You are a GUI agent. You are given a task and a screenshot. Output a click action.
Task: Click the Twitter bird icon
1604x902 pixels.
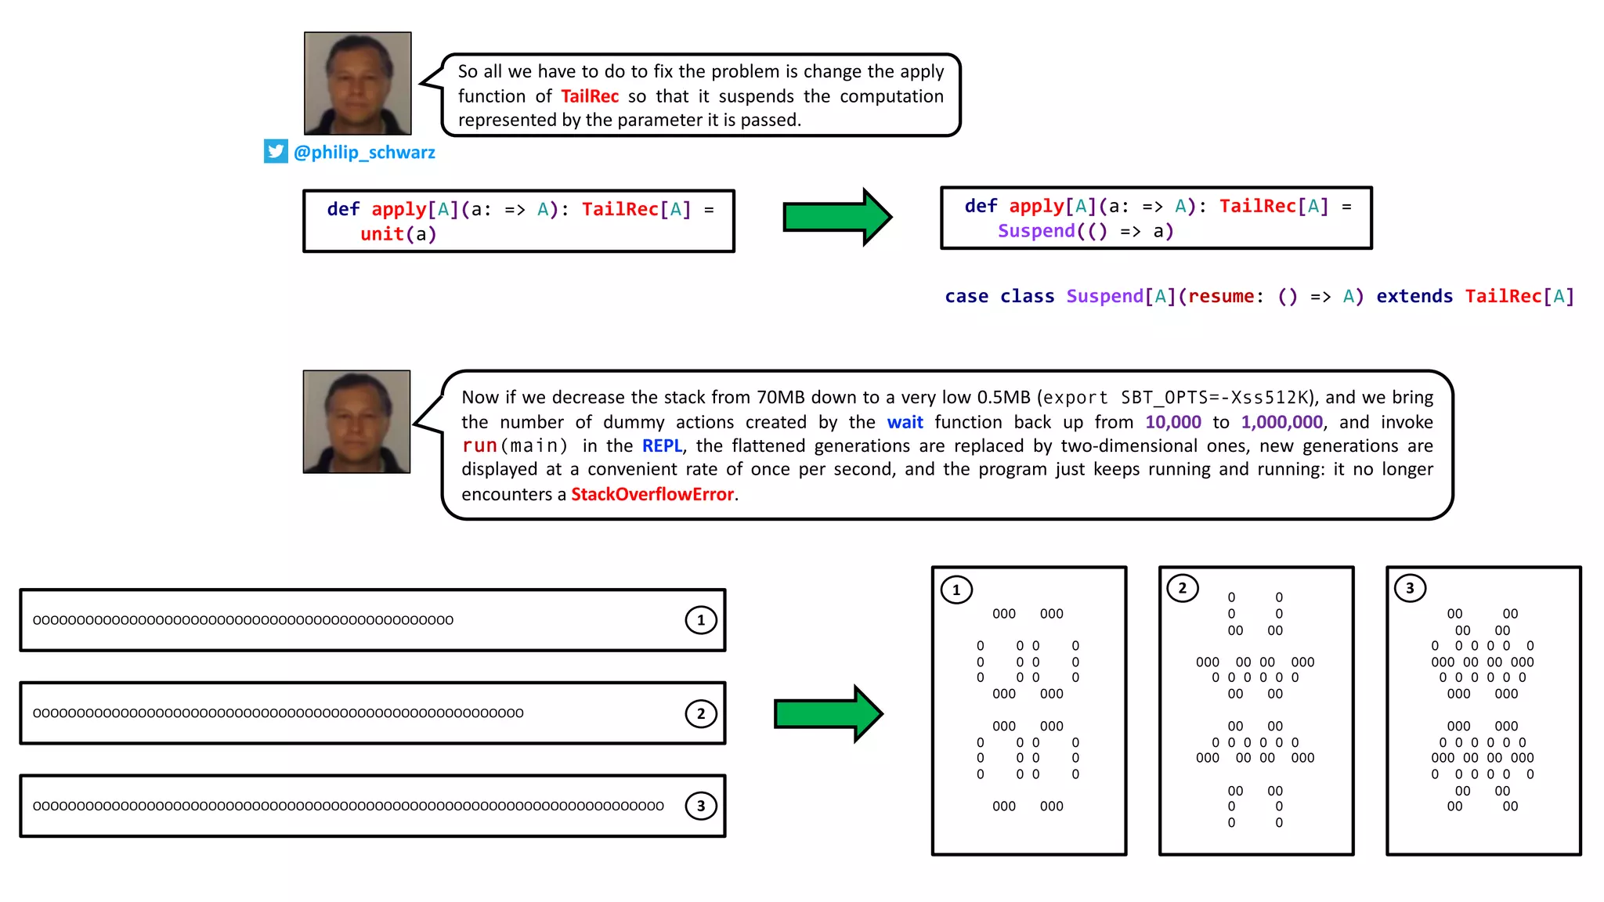click(276, 151)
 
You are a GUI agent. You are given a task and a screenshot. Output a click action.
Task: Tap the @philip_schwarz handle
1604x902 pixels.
click(364, 152)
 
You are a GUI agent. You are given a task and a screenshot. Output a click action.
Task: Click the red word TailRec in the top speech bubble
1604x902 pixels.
click(590, 96)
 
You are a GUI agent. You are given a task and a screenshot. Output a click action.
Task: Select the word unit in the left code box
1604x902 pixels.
click(381, 234)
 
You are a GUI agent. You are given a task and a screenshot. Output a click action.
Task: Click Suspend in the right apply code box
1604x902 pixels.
click(1036, 231)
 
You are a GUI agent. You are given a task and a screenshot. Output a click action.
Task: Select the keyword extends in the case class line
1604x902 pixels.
click(1414, 297)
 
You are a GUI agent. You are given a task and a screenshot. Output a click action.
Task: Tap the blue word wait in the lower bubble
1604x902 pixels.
click(905, 422)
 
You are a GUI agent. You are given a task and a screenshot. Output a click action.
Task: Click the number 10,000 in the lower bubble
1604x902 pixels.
click(1172, 422)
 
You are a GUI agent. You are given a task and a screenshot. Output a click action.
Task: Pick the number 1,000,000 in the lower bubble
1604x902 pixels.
click(1281, 422)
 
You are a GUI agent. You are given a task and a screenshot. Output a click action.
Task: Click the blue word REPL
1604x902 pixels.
click(662, 446)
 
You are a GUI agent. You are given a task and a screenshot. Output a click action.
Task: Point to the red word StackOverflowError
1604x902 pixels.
click(652, 494)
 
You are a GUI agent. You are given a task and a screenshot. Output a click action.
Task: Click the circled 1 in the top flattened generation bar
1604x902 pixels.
click(701, 620)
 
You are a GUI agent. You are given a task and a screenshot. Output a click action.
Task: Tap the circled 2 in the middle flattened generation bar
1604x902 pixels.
click(701, 713)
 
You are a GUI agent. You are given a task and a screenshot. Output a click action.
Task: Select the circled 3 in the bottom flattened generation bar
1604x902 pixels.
click(701, 806)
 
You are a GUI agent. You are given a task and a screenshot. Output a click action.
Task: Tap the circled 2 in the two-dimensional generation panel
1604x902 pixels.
click(1183, 588)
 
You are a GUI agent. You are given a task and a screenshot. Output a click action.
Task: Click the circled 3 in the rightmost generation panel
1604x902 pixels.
click(1410, 588)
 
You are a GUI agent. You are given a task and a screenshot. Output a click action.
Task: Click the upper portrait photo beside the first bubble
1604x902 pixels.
click(358, 83)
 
